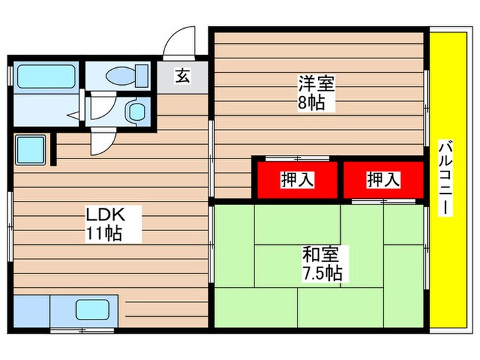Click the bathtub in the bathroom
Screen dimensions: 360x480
click(x=46, y=76)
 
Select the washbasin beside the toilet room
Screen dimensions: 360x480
click(x=136, y=110)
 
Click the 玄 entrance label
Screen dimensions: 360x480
click(x=182, y=77)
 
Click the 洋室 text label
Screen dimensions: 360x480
click(x=316, y=85)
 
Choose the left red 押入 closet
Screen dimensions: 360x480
click(x=297, y=180)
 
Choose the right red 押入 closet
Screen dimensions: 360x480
click(x=383, y=180)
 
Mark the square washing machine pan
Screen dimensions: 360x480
click(x=29, y=149)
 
